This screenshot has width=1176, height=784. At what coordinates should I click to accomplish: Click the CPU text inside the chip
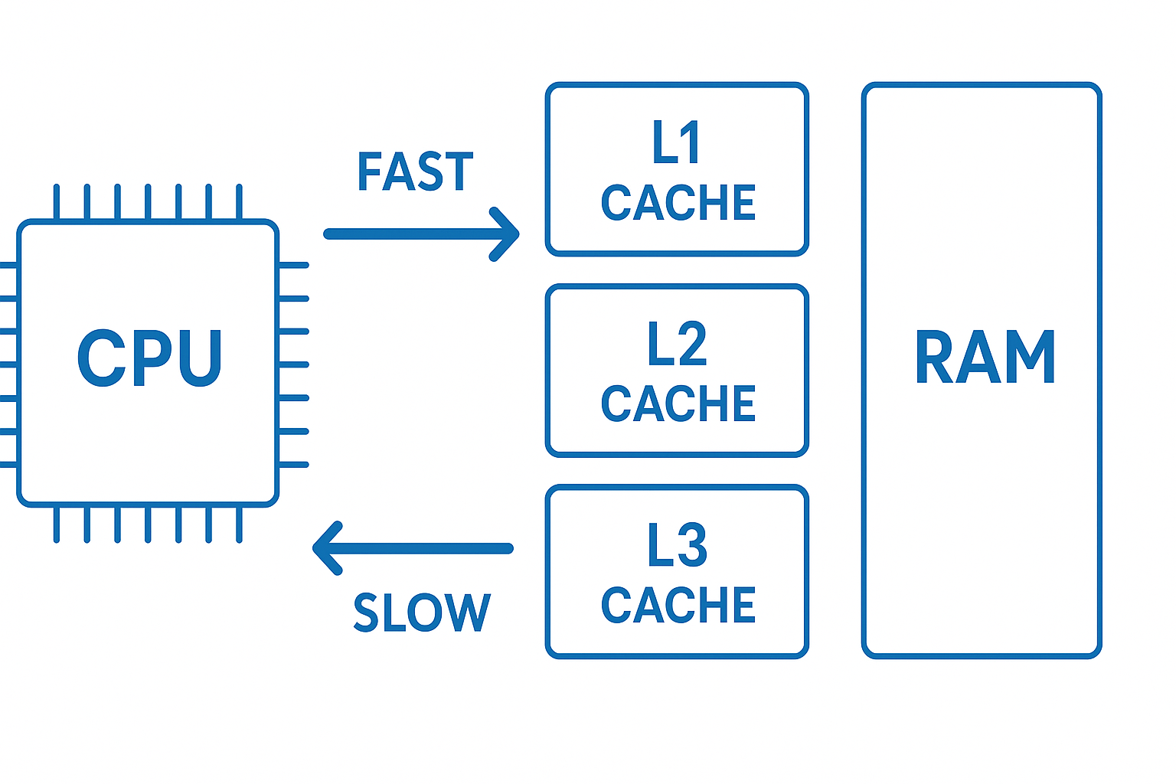pyautogui.click(x=150, y=358)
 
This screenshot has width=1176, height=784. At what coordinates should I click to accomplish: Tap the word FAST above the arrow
pyautogui.click(x=415, y=171)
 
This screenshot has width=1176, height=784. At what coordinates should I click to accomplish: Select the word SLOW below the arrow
pyautogui.click(x=421, y=612)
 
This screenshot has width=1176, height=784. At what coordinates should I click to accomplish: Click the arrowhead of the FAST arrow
pyautogui.click(x=508, y=234)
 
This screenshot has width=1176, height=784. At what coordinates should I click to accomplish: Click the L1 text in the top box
pyautogui.click(x=676, y=143)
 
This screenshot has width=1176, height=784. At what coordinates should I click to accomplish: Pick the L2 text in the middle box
pyautogui.click(x=677, y=345)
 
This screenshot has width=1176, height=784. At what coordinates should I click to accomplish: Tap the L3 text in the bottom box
pyautogui.click(x=677, y=546)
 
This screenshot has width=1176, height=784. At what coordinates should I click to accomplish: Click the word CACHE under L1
pyautogui.click(x=678, y=203)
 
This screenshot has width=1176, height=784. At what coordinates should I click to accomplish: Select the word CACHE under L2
pyautogui.click(x=678, y=404)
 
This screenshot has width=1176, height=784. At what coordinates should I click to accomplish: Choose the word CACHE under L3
pyautogui.click(x=678, y=606)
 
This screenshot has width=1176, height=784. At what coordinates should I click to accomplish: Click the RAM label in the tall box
pyautogui.click(x=985, y=358)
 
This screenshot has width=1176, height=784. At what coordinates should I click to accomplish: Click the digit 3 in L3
pyautogui.click(x=692, y=546)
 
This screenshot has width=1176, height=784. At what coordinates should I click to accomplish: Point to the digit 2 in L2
pyautogui.click(x=692, y=345)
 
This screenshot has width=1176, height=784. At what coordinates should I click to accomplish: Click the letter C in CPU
pyautogui.click(x=101, y=358)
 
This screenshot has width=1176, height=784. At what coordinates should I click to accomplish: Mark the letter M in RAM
pyautogui.click(x=1030, y=358)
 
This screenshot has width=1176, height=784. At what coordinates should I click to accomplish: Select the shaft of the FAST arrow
pyautogui.click(x=406, y=234)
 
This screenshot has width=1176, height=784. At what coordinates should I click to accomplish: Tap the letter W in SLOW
pyautogui.click(x=467, y=612)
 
